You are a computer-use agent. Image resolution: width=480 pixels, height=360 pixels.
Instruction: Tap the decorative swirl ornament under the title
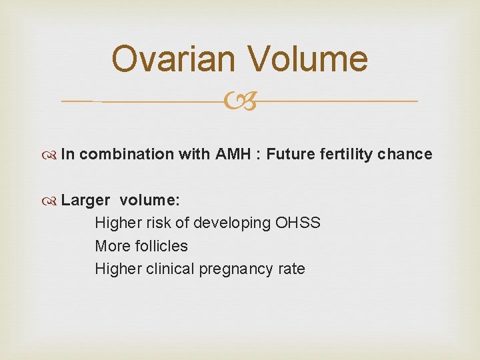coord(240,102)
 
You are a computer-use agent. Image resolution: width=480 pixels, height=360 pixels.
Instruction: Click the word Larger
coord(85,200)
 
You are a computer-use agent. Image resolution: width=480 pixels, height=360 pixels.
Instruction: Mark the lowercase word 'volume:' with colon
coord(150,200)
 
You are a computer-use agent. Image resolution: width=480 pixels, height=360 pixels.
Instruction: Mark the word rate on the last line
coord(292,269)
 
